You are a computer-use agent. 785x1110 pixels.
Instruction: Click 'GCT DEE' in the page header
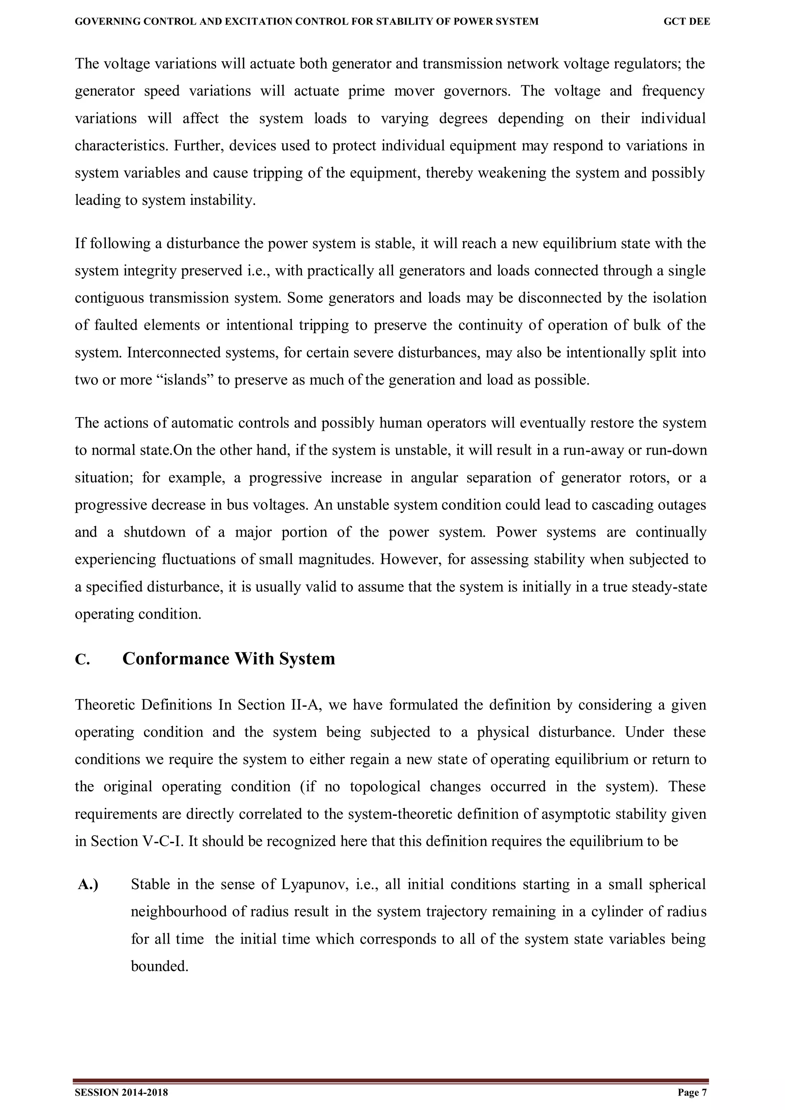686,22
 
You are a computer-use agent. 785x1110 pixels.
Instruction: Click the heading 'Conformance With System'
228,658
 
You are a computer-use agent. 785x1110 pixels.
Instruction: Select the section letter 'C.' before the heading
82,660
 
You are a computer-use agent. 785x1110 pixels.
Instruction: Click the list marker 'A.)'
88,885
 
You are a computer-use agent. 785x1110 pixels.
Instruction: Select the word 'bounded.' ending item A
159,966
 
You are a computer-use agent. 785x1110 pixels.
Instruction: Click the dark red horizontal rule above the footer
391,1080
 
